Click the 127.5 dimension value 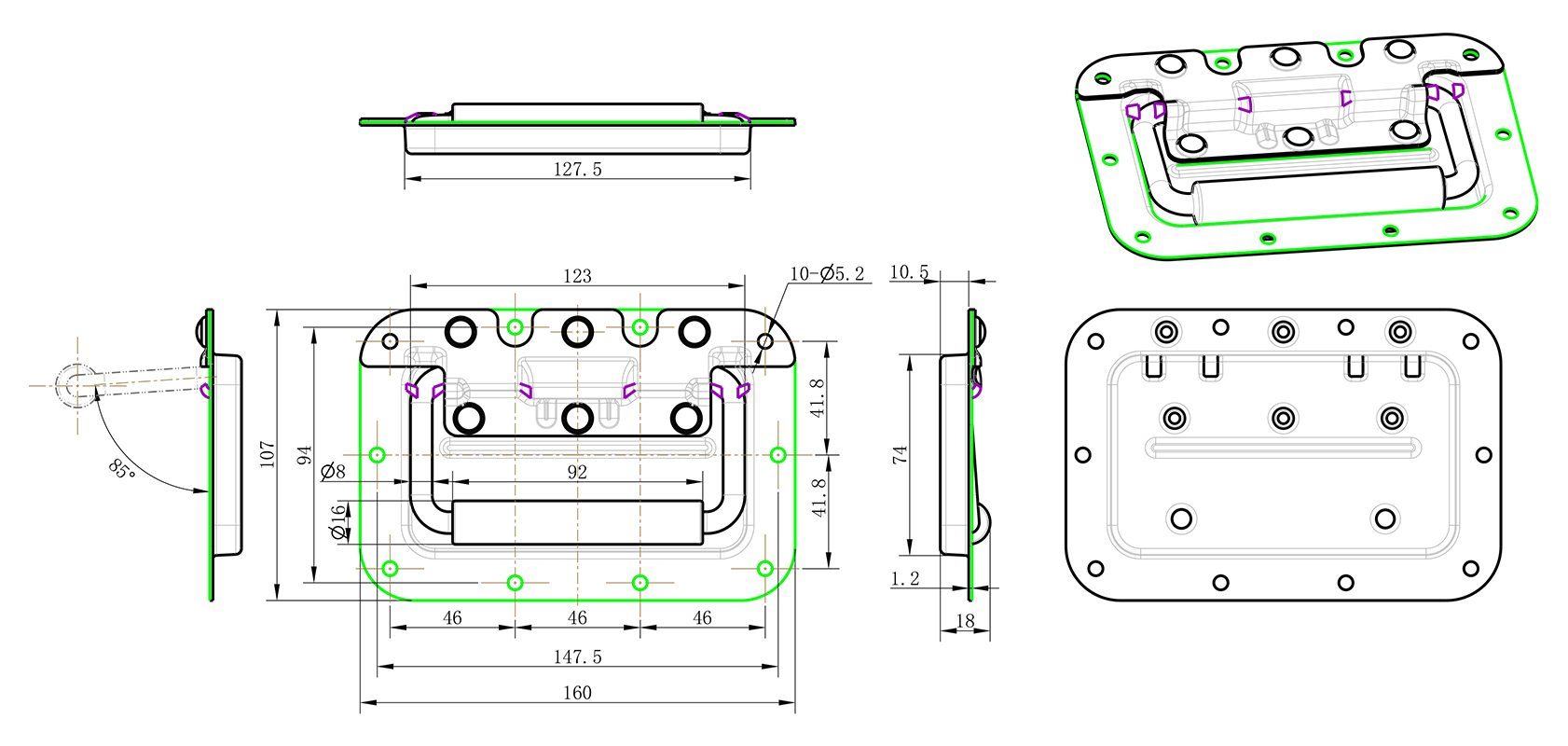577,169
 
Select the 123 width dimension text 577,276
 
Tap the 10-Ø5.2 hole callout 827,273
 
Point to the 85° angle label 122,469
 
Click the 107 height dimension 268,454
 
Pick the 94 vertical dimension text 305,456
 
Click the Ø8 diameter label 333,472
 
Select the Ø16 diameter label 337,522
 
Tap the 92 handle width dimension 577,472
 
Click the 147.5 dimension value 577,656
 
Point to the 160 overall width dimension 577,692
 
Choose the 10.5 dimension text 909,272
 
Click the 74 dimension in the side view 900,455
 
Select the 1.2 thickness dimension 904,579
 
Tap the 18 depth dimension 965,620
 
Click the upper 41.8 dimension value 818,398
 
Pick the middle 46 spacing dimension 577,617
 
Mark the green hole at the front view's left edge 378,455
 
